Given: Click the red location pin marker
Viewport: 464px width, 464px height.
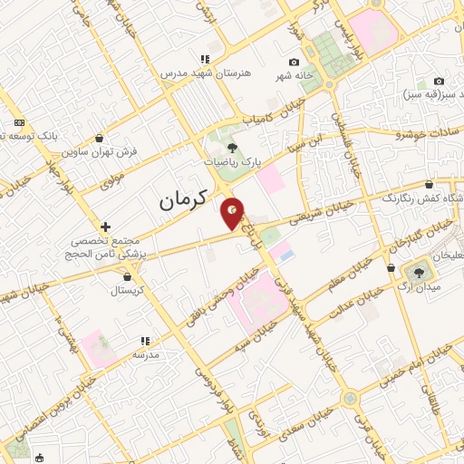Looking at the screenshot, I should pyautogui.click(x=233, y=213).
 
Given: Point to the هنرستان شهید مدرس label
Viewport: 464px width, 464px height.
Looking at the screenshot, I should pyautogui.click(x=198, y=71).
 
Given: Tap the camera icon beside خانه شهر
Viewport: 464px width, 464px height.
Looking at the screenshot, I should pyautogui.click(x=293, y=63).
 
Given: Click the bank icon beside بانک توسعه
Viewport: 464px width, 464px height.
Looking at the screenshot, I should pyautogui.click(x=20, y=123).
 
